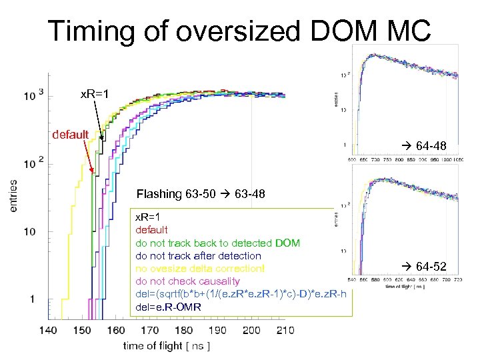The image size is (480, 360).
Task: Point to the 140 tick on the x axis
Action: coord(47,329)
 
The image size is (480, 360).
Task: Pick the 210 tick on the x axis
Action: coord(285,329)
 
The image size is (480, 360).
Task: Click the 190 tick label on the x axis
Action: coord(217,329)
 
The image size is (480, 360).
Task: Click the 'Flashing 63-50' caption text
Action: coord(171,195)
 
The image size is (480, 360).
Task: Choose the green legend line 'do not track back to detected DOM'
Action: coord(217,243)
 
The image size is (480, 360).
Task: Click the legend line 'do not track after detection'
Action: coord(198,256)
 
